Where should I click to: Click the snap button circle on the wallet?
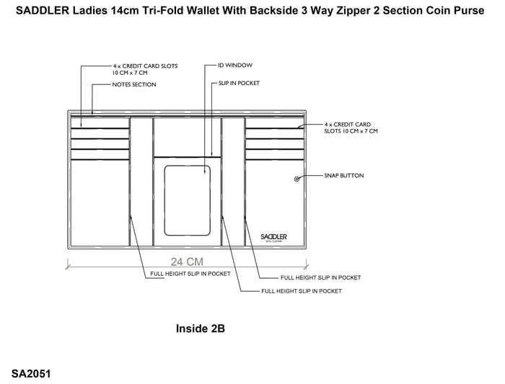click(297, 179)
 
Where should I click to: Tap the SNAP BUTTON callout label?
click(344, 176)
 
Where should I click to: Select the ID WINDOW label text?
click(235, 66)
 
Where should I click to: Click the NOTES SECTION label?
click(134, 84)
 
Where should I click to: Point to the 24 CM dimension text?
click(187, 262)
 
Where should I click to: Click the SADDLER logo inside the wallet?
click(273, 238)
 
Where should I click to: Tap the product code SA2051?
click(31, 374)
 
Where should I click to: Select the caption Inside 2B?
click(201, 329)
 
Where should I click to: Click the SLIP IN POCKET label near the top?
click(239, 83)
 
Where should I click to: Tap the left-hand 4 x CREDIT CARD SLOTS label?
click(145, 69)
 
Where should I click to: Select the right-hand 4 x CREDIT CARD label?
click(351, 128)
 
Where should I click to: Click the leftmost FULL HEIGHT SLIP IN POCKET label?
click(190, 274)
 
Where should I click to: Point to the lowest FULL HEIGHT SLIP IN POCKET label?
click(302, 291)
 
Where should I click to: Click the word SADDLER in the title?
click(43, 11)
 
